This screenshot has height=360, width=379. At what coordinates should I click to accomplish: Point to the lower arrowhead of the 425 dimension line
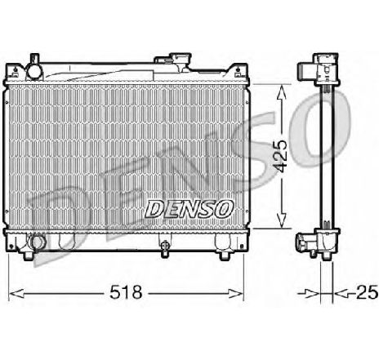(x=281, y=223)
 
